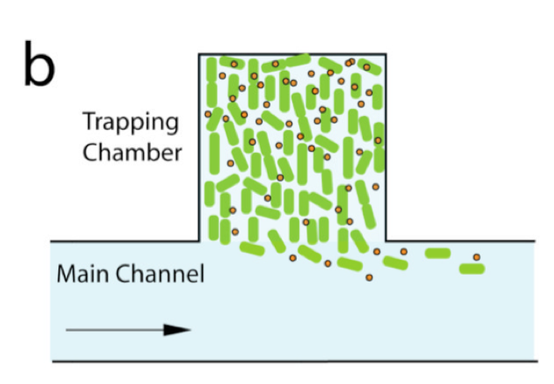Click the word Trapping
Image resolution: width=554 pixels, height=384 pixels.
point(131,123)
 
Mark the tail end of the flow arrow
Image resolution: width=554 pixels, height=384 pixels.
point(68,330)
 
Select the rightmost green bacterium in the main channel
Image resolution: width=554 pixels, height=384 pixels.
point(471,268)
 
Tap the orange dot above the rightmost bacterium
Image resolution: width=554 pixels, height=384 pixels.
point(476,257)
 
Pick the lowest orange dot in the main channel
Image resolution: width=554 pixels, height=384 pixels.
point(369,278)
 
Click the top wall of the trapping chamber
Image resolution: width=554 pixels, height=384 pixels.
point(293,53)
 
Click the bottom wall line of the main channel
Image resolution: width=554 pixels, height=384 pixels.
point(293,360)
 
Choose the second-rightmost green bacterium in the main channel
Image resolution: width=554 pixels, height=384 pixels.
point(437,253)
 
